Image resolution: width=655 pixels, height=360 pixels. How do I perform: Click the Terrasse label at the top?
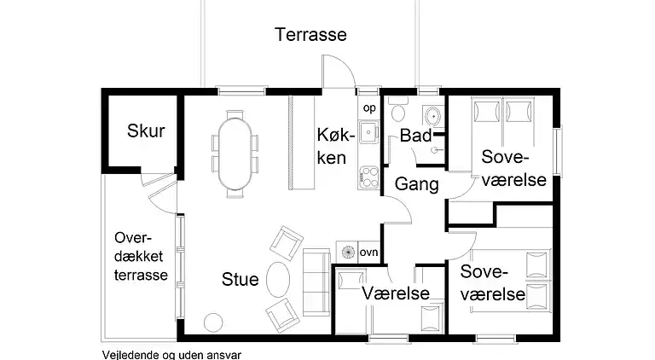click(310, 35)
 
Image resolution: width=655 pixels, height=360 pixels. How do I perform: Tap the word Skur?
click(145, 131)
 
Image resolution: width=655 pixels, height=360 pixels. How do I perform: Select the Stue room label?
click(240, 279)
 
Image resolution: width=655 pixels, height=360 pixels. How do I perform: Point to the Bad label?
click(415, 136)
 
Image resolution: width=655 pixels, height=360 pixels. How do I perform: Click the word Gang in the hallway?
click(416, 183)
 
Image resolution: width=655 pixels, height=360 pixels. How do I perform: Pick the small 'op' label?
click(369, 107)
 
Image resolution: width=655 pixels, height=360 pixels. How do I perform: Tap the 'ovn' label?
click(368, 253)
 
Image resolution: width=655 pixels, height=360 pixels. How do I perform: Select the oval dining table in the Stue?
click(235, 152)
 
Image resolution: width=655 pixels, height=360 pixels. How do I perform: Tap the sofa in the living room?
click(316, 281)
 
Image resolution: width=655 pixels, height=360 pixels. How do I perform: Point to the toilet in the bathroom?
click(397, 113)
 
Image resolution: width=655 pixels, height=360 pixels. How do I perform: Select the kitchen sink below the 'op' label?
click(368, 132)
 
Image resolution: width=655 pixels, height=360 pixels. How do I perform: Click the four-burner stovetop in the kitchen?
click(368, 175)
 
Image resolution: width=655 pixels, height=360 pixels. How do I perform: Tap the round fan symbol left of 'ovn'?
click(347, 253)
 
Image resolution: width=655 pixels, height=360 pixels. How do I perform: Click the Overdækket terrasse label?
click(141, 258)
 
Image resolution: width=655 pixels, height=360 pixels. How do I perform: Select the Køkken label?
click(331, 146)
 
